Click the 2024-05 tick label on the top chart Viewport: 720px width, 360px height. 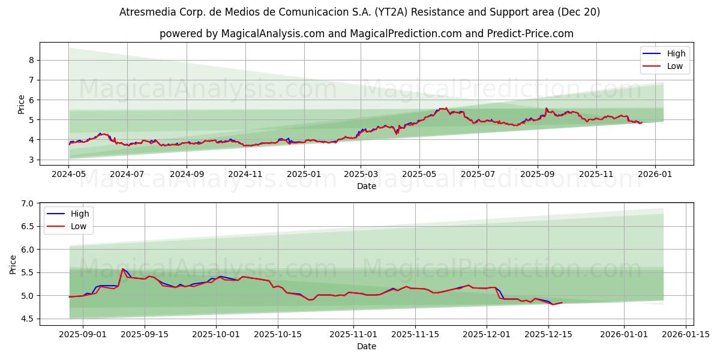68,173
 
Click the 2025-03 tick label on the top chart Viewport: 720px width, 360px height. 361,173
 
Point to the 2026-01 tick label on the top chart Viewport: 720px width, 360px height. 655,173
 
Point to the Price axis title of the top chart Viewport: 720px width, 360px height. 22,104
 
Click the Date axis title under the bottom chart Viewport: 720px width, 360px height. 366,346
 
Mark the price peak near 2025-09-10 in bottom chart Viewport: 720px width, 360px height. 122,269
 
